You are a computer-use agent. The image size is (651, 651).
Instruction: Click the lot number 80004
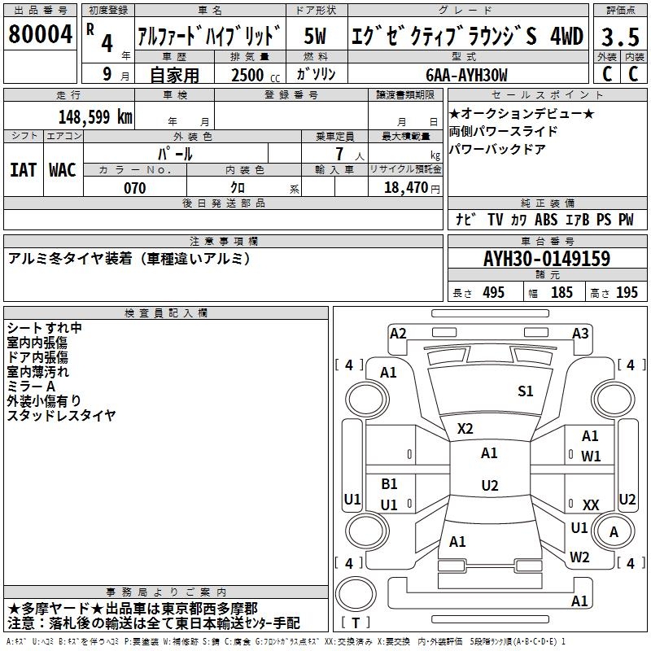point(40,34)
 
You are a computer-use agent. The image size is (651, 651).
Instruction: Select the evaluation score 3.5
point(620,37)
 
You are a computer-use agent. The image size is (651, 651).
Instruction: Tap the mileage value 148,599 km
point(95,117)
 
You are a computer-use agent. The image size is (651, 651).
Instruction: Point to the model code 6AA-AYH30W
point(466,76)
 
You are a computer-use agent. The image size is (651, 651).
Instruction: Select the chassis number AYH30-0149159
point(547,259)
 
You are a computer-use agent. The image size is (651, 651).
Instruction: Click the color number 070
point(135,188)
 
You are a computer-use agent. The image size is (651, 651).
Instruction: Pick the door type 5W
point(315,36)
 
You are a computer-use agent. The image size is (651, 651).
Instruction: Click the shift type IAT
point(23,170)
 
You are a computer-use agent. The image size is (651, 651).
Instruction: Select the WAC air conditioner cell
point(63,170)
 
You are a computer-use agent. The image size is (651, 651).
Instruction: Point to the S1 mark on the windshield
point(525,391)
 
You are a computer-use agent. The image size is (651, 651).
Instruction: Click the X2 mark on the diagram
point(465,428)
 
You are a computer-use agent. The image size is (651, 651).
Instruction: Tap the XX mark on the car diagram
point(591,505)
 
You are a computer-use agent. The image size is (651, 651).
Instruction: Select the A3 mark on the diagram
point(580,334)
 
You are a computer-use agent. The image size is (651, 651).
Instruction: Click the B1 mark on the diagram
point(389,483)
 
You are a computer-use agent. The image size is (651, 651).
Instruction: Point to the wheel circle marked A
point(614,532)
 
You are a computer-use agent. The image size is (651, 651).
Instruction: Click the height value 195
point(627,293)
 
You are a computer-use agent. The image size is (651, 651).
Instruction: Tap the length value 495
point(494,293)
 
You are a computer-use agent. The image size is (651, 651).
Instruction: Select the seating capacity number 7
point(339,154)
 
